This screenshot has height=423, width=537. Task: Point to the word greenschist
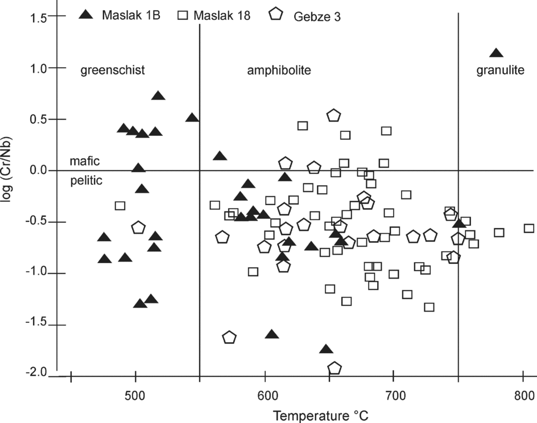coord(113,70)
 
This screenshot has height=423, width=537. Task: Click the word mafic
coord(85,161)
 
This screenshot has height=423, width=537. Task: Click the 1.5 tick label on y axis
coord(40,17)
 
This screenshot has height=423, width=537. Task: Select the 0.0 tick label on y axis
coord(40,171)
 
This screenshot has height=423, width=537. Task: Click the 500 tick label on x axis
coord(135,395)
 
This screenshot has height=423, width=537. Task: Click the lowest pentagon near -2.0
coord(334,368)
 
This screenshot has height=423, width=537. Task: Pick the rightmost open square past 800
coord(529,229)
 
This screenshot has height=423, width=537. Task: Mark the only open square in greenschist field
coord(120,206)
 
